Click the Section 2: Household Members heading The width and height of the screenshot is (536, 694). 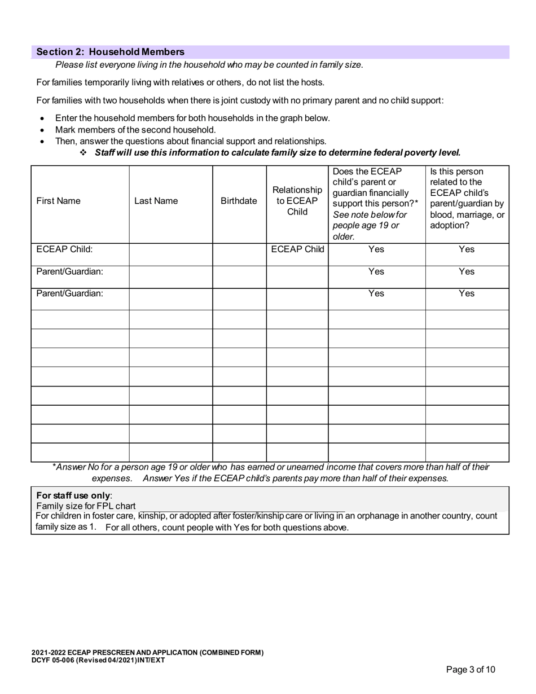point(110,52)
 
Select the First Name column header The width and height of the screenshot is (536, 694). point(58,201)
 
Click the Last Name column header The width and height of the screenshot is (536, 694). point(156,201)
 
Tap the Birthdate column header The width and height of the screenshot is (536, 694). point(239,201)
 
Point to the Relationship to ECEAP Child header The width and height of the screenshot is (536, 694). point(297,201)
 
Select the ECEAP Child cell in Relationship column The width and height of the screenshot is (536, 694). point(297,249)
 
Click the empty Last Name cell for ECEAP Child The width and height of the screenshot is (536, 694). point(170,254)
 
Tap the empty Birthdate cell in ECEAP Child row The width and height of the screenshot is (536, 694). point(239,254)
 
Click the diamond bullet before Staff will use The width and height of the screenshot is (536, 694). point(83,152)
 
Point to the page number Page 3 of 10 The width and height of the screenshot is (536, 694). point(471,670)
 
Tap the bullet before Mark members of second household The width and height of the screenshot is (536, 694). point(42,130)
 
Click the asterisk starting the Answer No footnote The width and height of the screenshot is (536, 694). point(54,467)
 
